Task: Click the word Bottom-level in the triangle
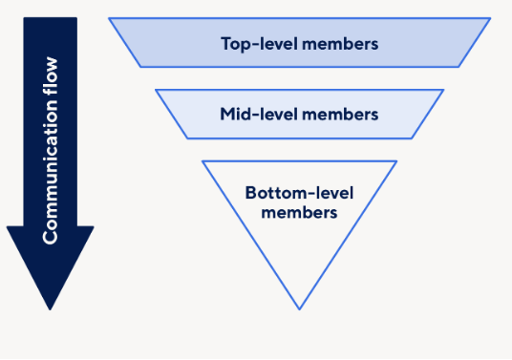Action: tap(298, 193)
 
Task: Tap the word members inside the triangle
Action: tap(298, 212)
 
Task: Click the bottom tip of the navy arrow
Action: tap(51, 309)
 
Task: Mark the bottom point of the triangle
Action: tap(299, 309)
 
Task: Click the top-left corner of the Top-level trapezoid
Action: tap(109, 18)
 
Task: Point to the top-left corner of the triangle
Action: tap(203, 160)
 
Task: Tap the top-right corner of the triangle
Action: tap(396, 160)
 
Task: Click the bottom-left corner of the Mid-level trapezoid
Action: tap(187, 138)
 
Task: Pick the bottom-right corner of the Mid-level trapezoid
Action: tap(412, 138)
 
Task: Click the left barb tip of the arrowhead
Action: tap(7, 227)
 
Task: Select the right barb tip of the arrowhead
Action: tap(95, 227)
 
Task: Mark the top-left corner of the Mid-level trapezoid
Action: tap(155, 90)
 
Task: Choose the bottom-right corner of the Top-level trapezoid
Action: tap(459, 67)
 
